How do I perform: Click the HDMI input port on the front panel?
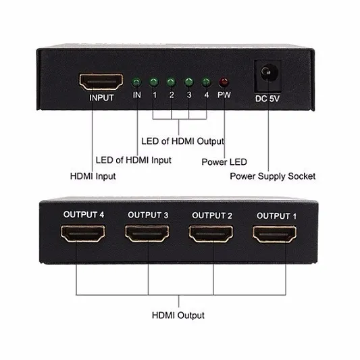click(101, 82)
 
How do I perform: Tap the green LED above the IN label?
click(136, 82)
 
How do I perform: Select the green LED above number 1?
click(153, 82)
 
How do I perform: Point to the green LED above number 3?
click(188, 82)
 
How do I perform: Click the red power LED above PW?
click(224, 82)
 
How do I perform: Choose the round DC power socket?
click(268, 74)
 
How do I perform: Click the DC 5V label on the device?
click(267, 99)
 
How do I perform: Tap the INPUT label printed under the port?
click(101, 98)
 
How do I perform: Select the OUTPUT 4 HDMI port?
click(83, 234)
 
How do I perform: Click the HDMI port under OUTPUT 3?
click(147, 234)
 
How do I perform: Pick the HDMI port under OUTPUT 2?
click(211, 234)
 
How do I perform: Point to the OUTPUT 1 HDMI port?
click(275, 234)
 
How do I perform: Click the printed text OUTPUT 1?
click(276, 216)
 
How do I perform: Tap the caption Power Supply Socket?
click(272, 176)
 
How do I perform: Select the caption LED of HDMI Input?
click(133, 160)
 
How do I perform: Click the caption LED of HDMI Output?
click(183, 141)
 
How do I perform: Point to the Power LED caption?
click(224, 162)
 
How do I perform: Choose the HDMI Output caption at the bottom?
click(178, 315)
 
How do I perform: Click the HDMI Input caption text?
click(93, 176)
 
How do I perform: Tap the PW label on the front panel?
click(224, 95)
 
